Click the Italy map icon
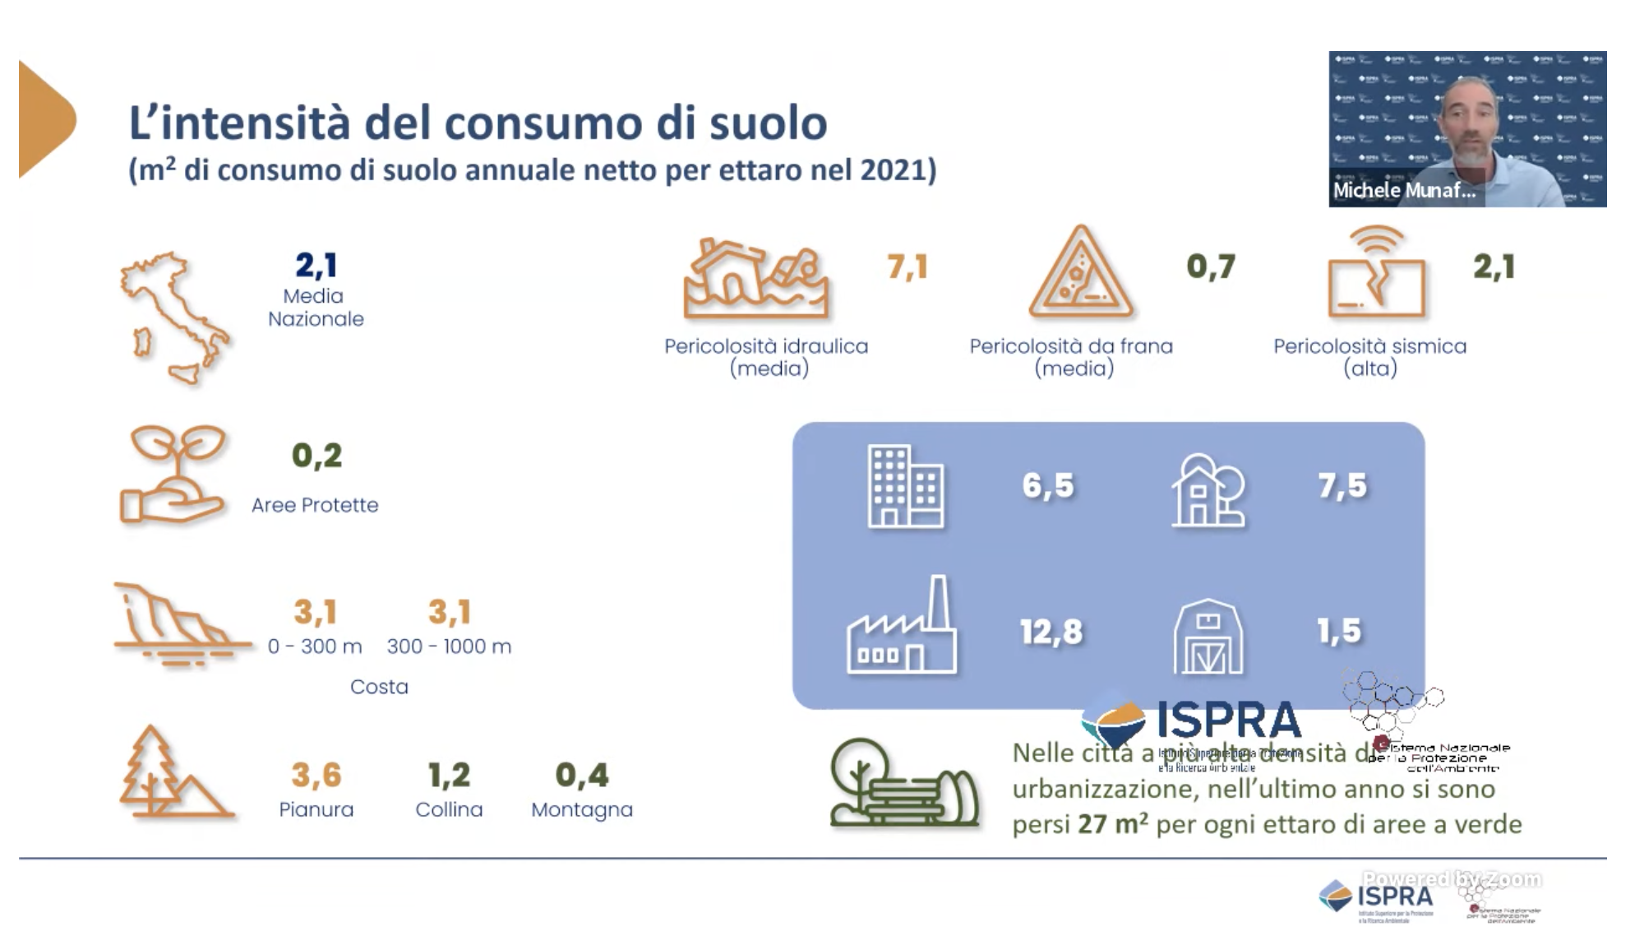point(174,317)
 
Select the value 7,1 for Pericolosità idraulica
point(907,267)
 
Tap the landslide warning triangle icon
point(1081,274)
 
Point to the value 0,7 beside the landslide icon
point(1211,266)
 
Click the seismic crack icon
point(1377,274)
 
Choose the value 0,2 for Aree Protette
point(316,456)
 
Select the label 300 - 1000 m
point(449,646)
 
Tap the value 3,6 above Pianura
point(316,775)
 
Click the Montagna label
point(582,809)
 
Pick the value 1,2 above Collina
point(449,775)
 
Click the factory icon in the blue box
point(903,628)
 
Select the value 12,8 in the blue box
point(1051,632)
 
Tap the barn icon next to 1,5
point(1208,637)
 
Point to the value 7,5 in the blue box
point(1342,485)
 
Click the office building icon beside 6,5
point(906,486)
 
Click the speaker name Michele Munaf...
point(1404,191)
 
